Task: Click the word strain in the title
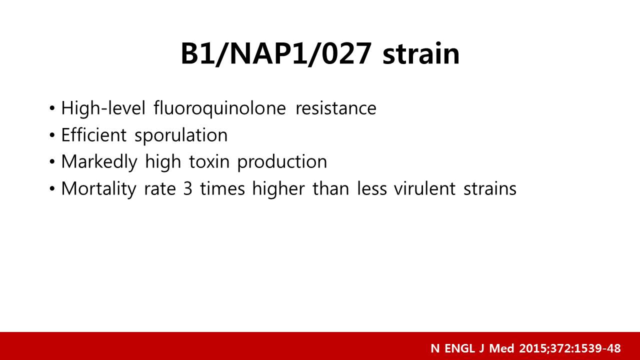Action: [x=421, y=54]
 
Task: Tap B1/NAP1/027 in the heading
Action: [x=276, y=54]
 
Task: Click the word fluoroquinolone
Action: [x=219, y=109]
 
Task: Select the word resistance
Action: [x=336, y=108]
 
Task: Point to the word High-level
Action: [x=103, y=109]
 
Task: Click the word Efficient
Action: [x=93, y=135]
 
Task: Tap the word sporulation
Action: [x=181, y=135]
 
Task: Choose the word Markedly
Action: [x=99, y=162]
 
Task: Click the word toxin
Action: [x=209, y=161]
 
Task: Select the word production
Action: [x=282, y=162]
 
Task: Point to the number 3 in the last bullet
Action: [x=187, y=189]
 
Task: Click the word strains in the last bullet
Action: [x=490, y=188]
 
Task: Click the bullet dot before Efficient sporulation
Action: [x=52, y=135]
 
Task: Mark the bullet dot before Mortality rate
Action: [x=52, y=189]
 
